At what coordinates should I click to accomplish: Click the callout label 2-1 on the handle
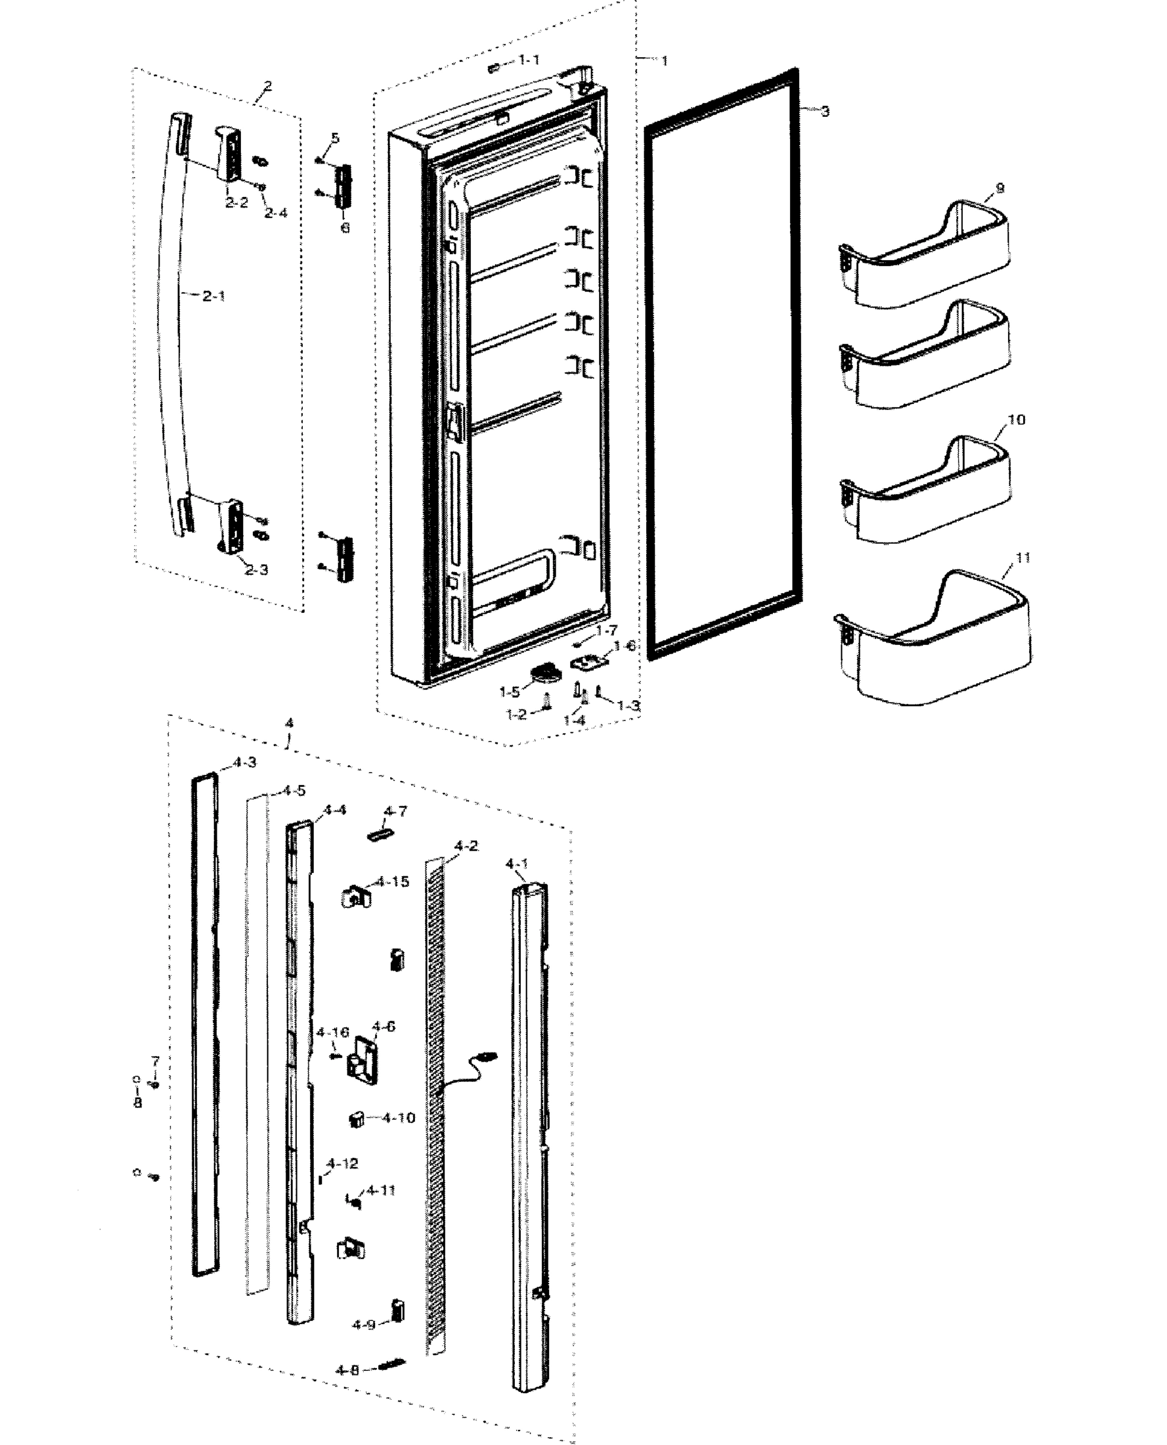[x=214, y=296]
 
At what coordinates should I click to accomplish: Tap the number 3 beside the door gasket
[x=826, y=111]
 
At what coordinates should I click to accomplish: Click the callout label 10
[x=1016, y=420]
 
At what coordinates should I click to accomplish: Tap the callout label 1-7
[x=606, y=631]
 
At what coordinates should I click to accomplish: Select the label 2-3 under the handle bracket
[x=256, y=570]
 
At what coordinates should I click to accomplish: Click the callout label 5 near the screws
[x=335, y=138]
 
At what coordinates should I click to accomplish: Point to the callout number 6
[x=345, y=228]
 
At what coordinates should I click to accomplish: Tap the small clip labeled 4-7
[x=379, y=834]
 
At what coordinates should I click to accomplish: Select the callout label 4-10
[x=399, y=1117]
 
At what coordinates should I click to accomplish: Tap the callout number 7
[x=155, y=1061]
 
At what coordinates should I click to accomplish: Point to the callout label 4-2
[x=466, y=845]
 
